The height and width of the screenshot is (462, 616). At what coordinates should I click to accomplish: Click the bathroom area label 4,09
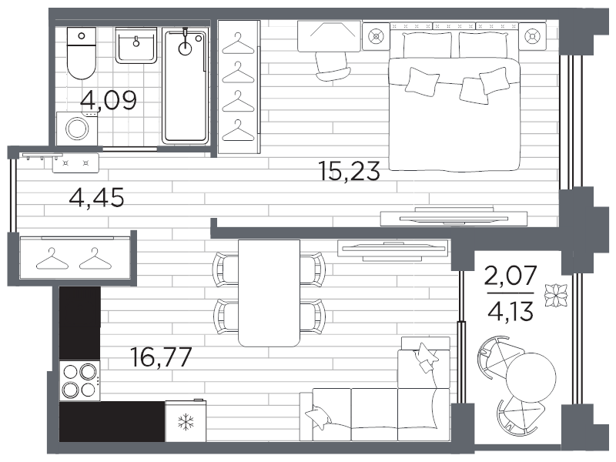click(x=109, y=100)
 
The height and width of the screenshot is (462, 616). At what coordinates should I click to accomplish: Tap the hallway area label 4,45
click(x=97, y=197)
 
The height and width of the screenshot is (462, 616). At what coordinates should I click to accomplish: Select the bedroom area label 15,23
click(x=350, y=171)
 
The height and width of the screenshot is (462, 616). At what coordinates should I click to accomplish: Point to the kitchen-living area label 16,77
click(x=161, y=357)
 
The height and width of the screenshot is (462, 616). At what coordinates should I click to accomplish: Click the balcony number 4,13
click(x=511, y=311)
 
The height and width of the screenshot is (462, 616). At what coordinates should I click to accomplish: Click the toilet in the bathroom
click(x=82, y=53)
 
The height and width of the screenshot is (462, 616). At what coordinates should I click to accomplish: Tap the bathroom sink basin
click(x=136, y=45)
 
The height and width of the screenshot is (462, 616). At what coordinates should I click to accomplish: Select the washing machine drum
click(x=77, y=129)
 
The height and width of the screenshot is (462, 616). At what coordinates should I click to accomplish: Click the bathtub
click(x=185, y=86)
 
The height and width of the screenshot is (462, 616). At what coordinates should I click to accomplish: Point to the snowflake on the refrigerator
click(x=186, y=422)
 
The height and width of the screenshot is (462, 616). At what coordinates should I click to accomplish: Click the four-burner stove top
click(x=80, y=380)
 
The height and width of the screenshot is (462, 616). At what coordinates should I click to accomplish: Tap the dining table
click(x=269, y=293)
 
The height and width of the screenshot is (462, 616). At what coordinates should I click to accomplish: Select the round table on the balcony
click(x=531, y=377)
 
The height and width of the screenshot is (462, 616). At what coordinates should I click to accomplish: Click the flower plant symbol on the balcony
click(x=556, y=295)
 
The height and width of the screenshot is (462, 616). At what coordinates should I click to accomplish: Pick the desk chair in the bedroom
click(x=332, y=66)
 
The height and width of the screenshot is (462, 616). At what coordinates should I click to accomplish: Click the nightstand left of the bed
click(x=376, y=36)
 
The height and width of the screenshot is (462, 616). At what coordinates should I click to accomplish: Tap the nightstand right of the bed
click(x=532, y=36)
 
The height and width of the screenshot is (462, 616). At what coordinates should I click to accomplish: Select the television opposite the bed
click(x=454, y=217)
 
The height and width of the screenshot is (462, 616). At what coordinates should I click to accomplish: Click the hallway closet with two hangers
click(x=75, y=259)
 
